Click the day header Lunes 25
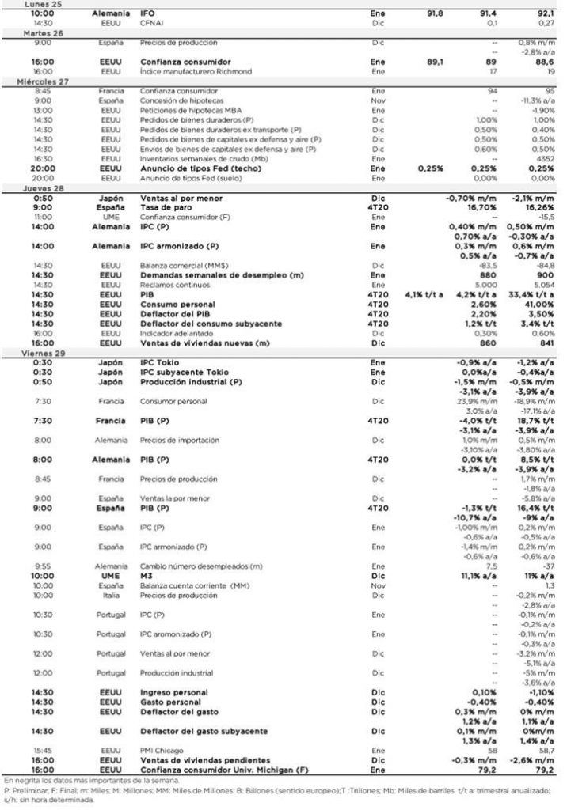[23, 4]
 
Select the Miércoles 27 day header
[29, 81]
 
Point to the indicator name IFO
[147, 14]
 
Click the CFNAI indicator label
[151, 24]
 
